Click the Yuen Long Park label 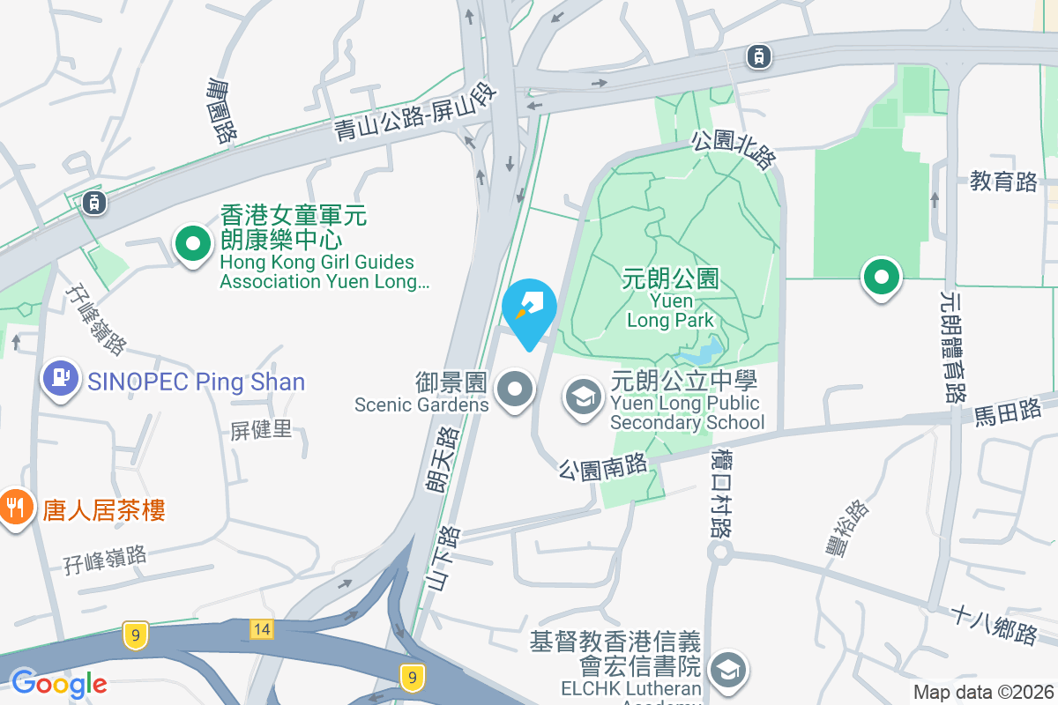(671, 299)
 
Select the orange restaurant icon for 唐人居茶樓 (15, 508)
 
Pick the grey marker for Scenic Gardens (515, 389)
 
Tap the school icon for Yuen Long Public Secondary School (583, 396)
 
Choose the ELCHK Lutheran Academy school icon (728, 671)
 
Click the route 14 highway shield (261, 628)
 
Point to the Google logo (59, 684)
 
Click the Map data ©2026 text (982, 693)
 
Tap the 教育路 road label (1003, 182)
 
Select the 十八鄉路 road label (994, 625)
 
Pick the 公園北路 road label (734, 149)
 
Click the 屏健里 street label (261, 431)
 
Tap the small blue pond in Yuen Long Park (703, 353)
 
